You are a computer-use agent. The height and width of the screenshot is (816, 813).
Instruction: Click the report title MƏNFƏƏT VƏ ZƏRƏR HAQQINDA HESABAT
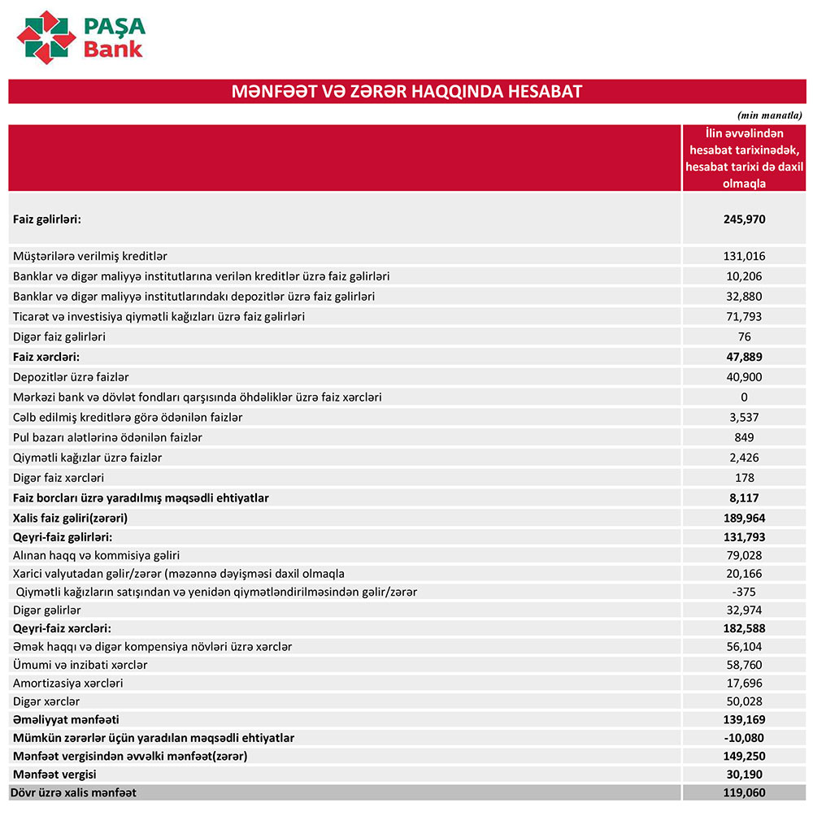pos(406,91)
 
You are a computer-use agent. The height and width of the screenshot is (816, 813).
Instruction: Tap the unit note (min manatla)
pos(769,115)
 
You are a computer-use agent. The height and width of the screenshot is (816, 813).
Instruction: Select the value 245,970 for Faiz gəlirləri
pos(744,219)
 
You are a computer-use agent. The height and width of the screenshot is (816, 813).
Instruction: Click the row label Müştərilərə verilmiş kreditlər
pos(90,256)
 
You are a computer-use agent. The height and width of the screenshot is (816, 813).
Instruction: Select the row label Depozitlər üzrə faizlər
pos(71,377)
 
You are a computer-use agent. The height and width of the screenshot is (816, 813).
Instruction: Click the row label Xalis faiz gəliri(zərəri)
pos(71,518)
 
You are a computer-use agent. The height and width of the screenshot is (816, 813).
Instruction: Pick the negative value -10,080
pos(744,738)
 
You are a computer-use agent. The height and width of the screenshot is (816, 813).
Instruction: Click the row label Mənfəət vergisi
pos(54,775)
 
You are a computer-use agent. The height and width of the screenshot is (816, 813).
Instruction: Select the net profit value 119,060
pos(744,793)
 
